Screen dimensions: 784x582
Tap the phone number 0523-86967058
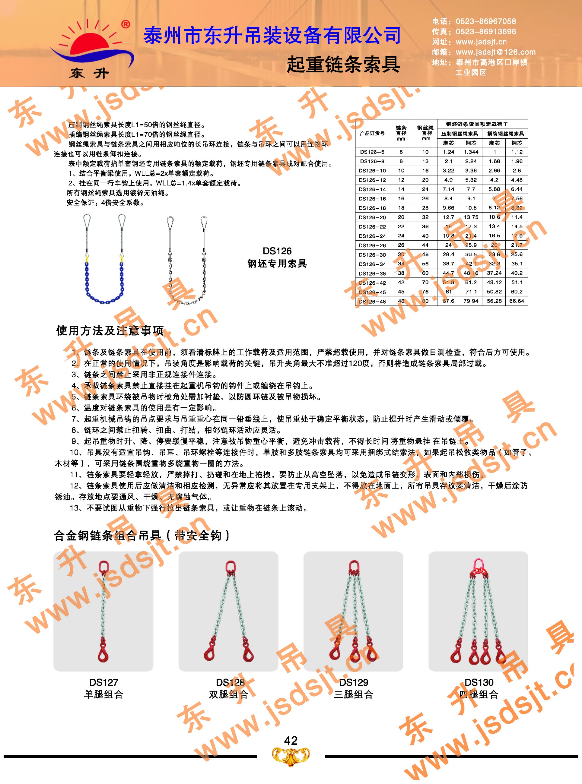[485, 21]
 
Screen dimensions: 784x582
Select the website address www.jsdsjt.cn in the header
[481, 42]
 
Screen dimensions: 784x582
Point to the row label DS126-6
[372, 152]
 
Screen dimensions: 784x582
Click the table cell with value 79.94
[471, 301]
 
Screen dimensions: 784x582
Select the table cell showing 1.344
[471, 152]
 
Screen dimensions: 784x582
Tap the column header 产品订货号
[372, 133]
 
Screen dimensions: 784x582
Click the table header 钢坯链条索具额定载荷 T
[476, 124]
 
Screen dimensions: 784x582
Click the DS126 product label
[277, 251]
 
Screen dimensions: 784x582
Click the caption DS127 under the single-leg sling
[103, 682]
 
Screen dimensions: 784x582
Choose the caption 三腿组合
[353, 694]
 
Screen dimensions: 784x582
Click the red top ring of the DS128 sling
[230, 567]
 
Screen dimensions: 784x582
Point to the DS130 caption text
[479, 682]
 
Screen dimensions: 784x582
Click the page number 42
[291, 740]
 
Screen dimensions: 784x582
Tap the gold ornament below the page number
[291, 757]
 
